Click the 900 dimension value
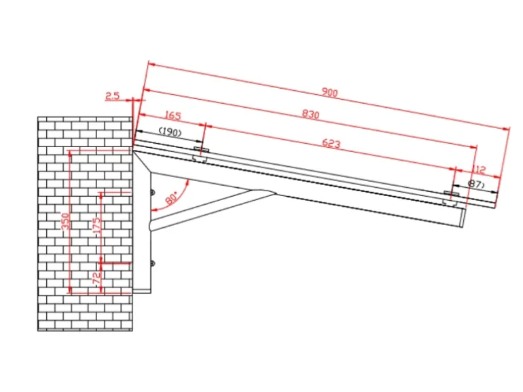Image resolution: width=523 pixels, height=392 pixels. coord(330,93)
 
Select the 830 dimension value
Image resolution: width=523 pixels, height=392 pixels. coord(310,115)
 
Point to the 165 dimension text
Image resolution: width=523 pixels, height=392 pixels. coord(173,116)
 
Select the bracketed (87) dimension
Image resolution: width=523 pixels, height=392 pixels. coord(475,184)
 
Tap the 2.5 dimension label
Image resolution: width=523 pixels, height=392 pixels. coord(113,96)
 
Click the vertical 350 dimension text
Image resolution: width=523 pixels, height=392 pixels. coord(66,222)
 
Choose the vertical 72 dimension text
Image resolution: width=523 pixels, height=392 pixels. coord(96,277)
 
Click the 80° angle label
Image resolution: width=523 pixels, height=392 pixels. coord(171,198)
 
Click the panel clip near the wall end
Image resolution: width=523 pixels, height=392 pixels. coord(200,153)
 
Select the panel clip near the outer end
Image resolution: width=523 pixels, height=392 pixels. coord(450,199)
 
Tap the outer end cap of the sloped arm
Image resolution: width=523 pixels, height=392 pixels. coord(463,218)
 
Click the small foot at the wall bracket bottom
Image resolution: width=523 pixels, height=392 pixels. coord(141,290)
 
